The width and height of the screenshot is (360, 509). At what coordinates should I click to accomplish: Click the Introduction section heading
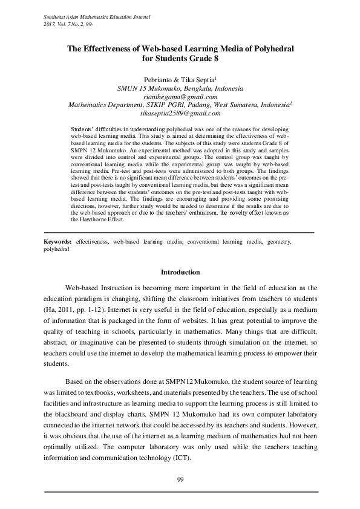click(x=180, y=272)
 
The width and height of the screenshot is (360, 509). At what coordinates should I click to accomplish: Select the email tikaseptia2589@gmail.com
click(x=180, y=113)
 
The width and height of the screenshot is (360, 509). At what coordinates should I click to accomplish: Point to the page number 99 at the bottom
click(x=180, y=479)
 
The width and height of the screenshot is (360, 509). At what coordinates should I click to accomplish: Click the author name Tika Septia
click(x=194, y=80)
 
